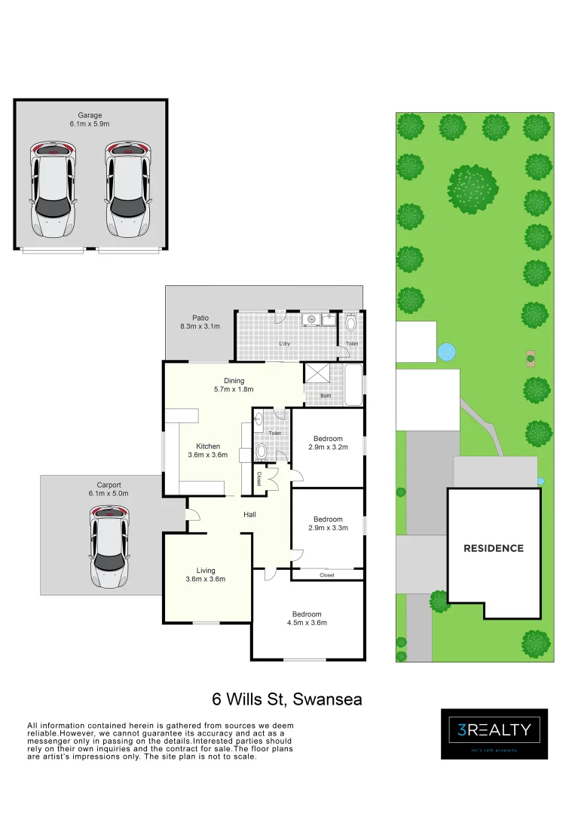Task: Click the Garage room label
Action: (x=90, y=120)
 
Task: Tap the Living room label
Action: (x=206, y=574)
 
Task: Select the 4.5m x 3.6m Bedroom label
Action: (x=307, y=618)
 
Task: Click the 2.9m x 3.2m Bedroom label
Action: (x=328, y=443)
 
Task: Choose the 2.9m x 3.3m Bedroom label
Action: (x=328, y=523)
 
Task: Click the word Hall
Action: (x=249, y=515)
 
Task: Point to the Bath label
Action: (x=326, y=395)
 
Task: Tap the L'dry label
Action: (x=285, y=343)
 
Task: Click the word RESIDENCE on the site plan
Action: (x=494, y=548)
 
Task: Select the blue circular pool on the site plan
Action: (x=447, y=351)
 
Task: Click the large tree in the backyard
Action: (x=473, y=188)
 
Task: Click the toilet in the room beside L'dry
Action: (x=351, y=324)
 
